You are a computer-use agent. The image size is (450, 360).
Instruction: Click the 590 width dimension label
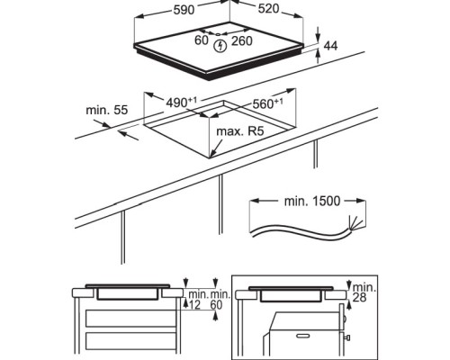pos(184,10)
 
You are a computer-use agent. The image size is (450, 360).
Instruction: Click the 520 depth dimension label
pos(268,9)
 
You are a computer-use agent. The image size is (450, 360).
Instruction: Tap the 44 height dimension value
pos(330,46)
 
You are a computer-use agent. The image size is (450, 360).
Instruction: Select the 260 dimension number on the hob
pos(242,41)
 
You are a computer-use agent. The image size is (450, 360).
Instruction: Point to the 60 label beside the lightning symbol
pos(202,40)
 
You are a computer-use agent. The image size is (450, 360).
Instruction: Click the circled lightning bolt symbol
pos(220,46)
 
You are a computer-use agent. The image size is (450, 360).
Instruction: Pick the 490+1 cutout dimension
pos(182,103)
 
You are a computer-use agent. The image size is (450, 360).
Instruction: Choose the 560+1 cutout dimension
pos(267,103)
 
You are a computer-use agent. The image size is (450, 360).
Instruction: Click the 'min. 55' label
pos(107,110)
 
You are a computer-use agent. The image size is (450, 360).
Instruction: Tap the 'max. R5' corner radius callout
pos(240,131)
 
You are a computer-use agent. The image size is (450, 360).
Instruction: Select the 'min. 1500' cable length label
pos(312,201)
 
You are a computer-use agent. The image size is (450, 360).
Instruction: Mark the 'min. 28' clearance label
pos(364,292)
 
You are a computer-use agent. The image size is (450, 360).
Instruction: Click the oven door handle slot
pos(303,336)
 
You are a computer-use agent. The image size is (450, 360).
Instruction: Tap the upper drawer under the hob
pos(130,319)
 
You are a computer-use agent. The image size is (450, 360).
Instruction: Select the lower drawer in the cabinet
pos(130,341)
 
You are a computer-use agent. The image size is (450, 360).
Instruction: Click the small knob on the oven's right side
pos(347,337)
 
